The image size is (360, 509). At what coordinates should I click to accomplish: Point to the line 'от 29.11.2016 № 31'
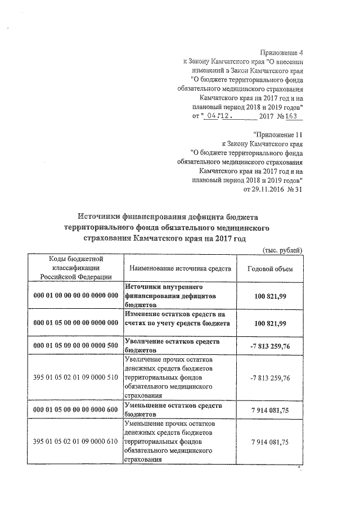click(x=272, y=189)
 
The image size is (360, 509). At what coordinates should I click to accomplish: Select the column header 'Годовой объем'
click(x=270, y=268)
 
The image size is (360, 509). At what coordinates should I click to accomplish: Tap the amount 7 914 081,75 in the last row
click(x=270, y=442)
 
